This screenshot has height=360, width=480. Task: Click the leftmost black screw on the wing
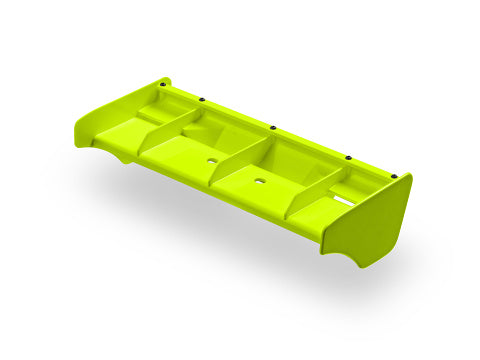pos(159,84)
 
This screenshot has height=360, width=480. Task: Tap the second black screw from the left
pos(202,99)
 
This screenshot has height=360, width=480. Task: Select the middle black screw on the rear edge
pos(273,127)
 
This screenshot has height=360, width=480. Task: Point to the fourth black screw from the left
pos(349,157)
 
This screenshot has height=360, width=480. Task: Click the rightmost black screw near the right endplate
pos(393,175)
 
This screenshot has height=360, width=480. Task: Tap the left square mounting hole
pos(212,159)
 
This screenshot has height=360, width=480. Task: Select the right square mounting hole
pos(260,182)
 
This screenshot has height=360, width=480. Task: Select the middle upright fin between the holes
pos(240,163)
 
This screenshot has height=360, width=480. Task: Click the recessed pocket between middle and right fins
pos(290,160)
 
